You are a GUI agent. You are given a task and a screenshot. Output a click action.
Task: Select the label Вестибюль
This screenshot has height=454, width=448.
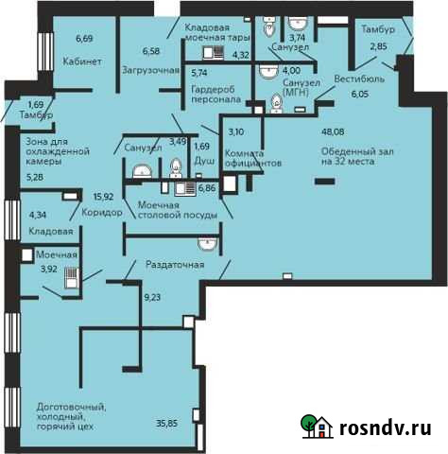click(360, 80)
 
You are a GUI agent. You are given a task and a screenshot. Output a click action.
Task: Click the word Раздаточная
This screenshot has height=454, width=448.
click(175, 265)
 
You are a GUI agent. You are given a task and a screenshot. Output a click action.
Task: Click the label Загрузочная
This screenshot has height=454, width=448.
click(150, 70)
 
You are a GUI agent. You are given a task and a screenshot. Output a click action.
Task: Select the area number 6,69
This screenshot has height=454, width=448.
click(83, 39)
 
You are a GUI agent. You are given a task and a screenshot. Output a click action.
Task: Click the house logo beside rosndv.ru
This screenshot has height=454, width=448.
click(316, 428)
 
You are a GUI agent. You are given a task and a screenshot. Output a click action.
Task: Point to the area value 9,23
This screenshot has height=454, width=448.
click(151, 298)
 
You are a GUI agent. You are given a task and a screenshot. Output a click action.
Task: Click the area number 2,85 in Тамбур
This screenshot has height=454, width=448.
click(378, 46)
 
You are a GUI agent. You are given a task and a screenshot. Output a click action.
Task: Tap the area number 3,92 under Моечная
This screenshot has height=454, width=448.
click(47, 269)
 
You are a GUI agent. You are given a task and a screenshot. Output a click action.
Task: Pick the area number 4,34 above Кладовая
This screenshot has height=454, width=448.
click(38, 216)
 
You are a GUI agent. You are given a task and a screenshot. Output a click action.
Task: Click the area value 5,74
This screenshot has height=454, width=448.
click(198, 72)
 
